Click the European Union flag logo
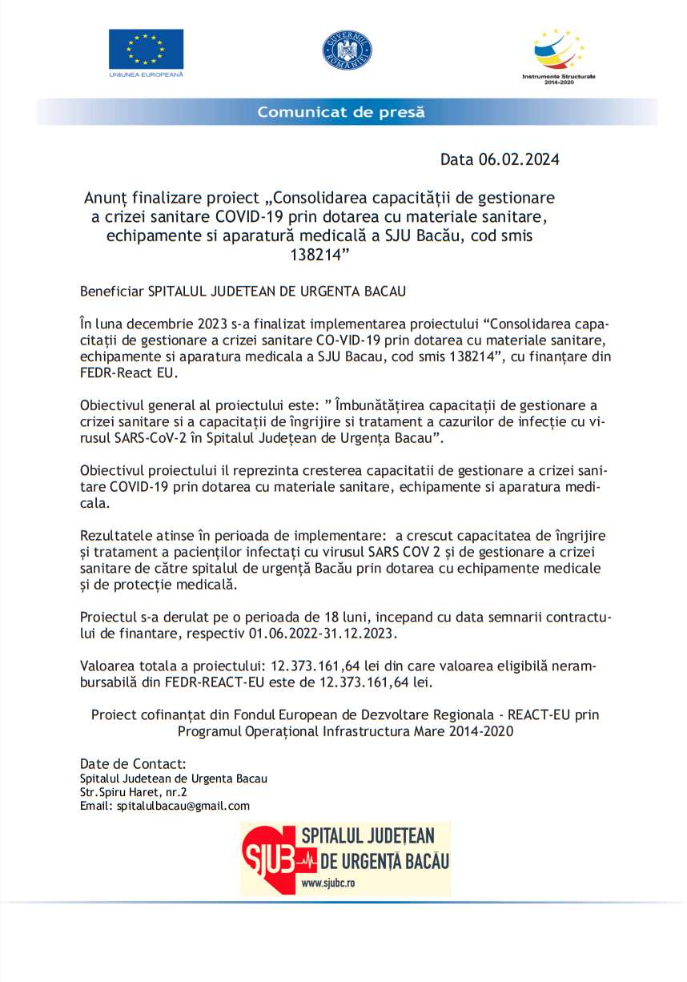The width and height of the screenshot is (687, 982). point(146,49)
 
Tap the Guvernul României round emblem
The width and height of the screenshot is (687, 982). point(348,50)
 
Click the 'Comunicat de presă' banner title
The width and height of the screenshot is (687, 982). point(341,112)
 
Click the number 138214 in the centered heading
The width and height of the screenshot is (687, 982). point(319,255)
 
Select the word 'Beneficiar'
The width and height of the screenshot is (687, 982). point(111,292)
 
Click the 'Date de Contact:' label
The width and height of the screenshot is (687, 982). point(133,763)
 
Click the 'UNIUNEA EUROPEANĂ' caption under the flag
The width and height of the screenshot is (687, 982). point(146,74)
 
